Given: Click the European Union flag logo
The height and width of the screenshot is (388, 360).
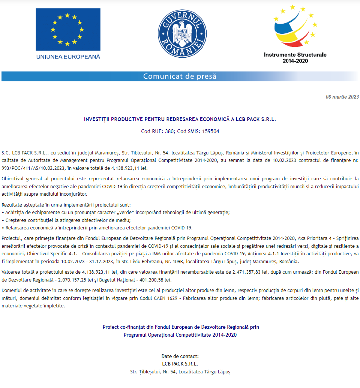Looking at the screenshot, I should point(68,29).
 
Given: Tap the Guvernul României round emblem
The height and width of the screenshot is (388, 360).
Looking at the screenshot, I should point(180,34).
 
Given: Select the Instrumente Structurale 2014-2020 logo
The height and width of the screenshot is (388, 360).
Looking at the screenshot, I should point(295,34).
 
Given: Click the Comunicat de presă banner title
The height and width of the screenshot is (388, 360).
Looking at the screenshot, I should point(180,76).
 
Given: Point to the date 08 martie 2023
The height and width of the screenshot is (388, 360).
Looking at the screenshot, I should point(342,97).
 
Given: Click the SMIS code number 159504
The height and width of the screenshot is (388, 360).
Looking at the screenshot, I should point(211,132).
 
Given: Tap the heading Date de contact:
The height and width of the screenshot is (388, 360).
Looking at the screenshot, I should point(180,356).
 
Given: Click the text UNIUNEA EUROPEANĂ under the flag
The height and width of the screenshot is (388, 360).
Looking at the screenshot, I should point(68,57).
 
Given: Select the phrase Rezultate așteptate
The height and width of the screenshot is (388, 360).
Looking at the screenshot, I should point(19,205).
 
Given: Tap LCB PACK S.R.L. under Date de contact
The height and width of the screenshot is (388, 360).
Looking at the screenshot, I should point(180,364).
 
